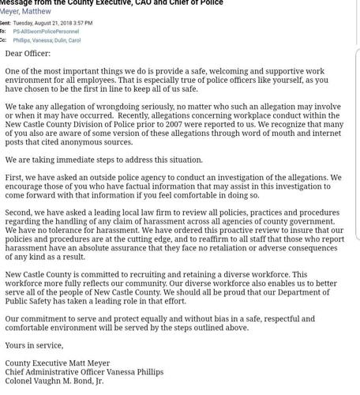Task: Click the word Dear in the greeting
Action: coord(15,54)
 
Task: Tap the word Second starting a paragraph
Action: coord(19,213)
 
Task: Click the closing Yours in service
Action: coord(34,345)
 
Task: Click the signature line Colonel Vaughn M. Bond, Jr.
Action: coord(54,381)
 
